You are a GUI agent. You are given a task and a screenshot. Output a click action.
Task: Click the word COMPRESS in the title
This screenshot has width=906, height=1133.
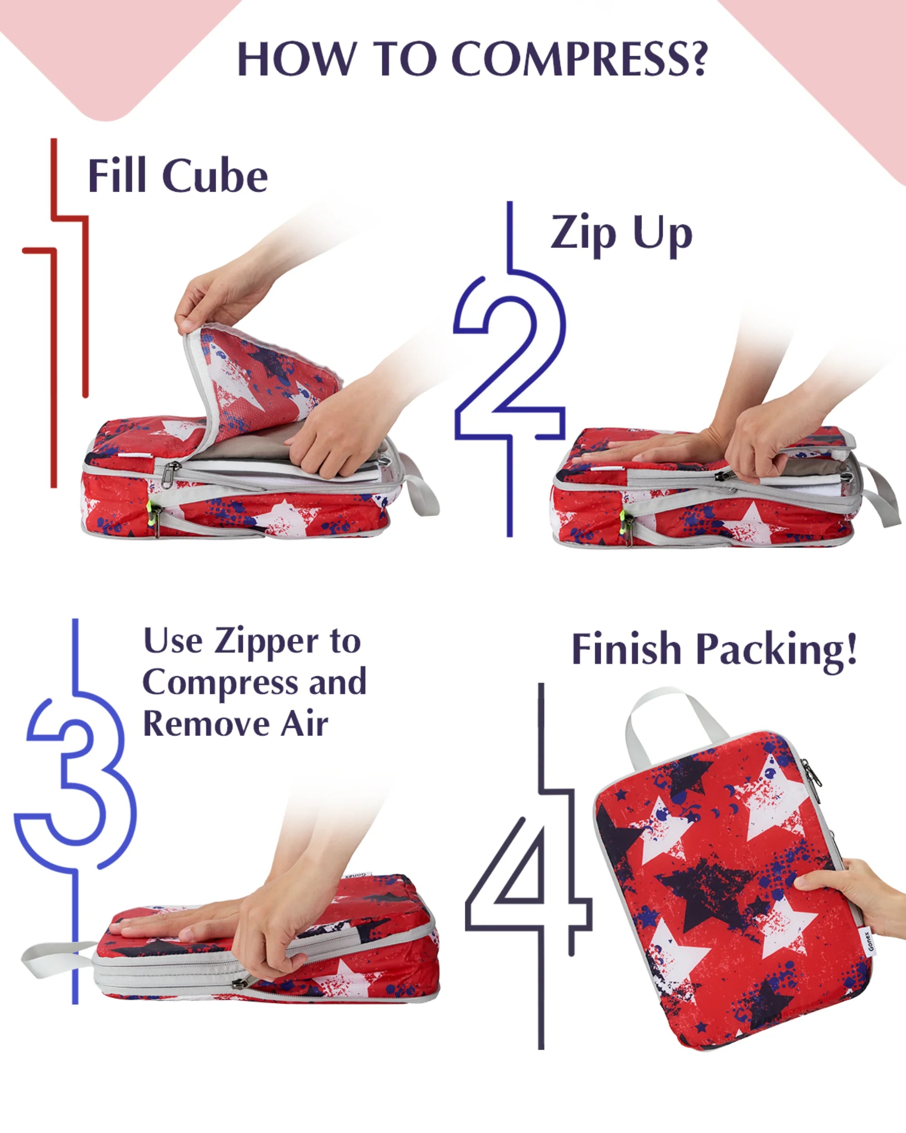coord(579,58)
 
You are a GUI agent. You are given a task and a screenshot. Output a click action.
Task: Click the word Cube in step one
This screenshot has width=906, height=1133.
coord(215,176)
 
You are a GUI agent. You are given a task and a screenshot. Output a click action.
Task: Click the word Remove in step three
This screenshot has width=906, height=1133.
coord(207,724)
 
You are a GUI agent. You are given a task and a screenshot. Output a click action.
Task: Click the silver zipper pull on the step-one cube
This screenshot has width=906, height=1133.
coord(169,475)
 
